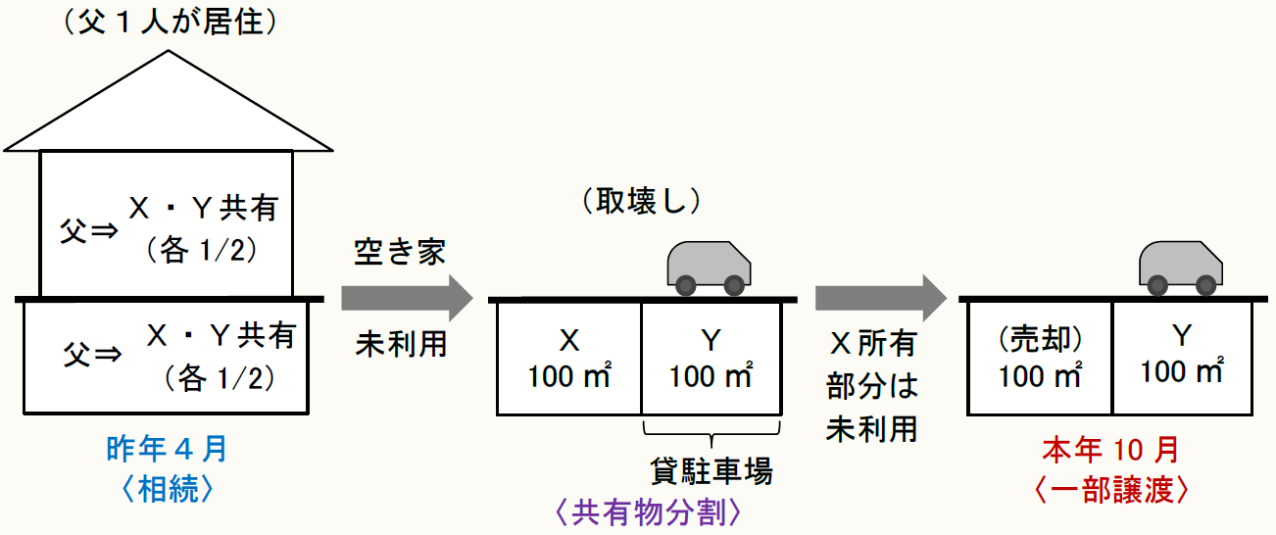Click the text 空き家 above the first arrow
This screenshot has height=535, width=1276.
tap(399, 252)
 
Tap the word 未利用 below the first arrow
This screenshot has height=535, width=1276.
tap(400, 344)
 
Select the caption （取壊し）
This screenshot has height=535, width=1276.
tap(642, 202)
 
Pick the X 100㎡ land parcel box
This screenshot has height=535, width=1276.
tap(569, 358)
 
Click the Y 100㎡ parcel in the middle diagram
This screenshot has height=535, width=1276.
tap(712, 358)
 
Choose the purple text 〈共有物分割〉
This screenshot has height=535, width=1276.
tap(642, 511)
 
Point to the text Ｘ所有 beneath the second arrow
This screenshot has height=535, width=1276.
tap(872, 344)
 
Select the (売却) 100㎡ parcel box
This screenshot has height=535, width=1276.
tap(1040, 358)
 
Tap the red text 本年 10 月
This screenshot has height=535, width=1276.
tap(1110, 451)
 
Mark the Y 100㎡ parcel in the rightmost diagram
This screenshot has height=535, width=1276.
tap(1183, 358)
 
